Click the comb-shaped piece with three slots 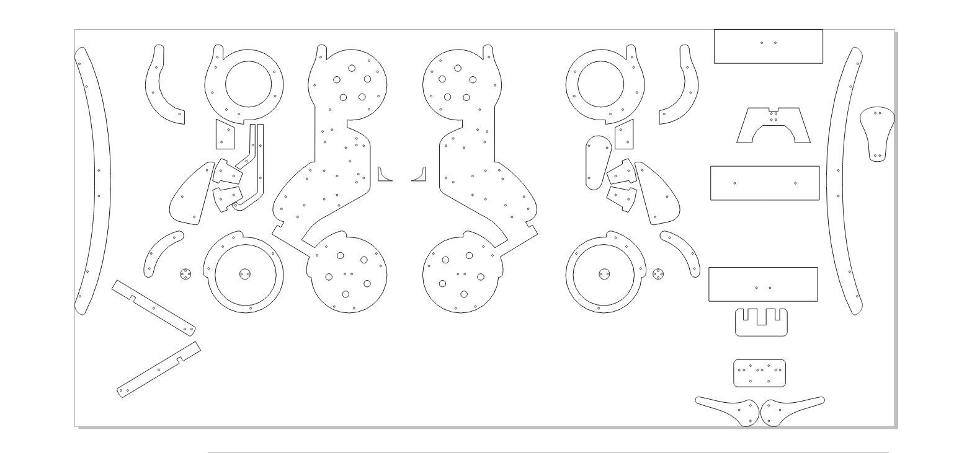pyautogui.click(x=760, y=328)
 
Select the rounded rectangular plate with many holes pyautogui.click(x=759, y=373)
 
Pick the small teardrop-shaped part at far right pyautogui.click(x=877, y=132)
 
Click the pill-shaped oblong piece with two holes pyautogui.click(x=597, y=162)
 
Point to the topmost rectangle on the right pyautogui.click(x=768, y=46)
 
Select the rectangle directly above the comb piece pyautogui.click(x=763, y=284)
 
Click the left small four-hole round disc pyautogui.click(x=185, y=273)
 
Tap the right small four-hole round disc pyautogui.click(x=659, y=273)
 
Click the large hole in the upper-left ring pyautogui.click(x=249, y=84)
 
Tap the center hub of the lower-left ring pyautogui.click(x=244, y=273)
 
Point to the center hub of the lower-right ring pyautogui.click(x=604, y=273)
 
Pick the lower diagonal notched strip pyautogui.click(x=159, y=369)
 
